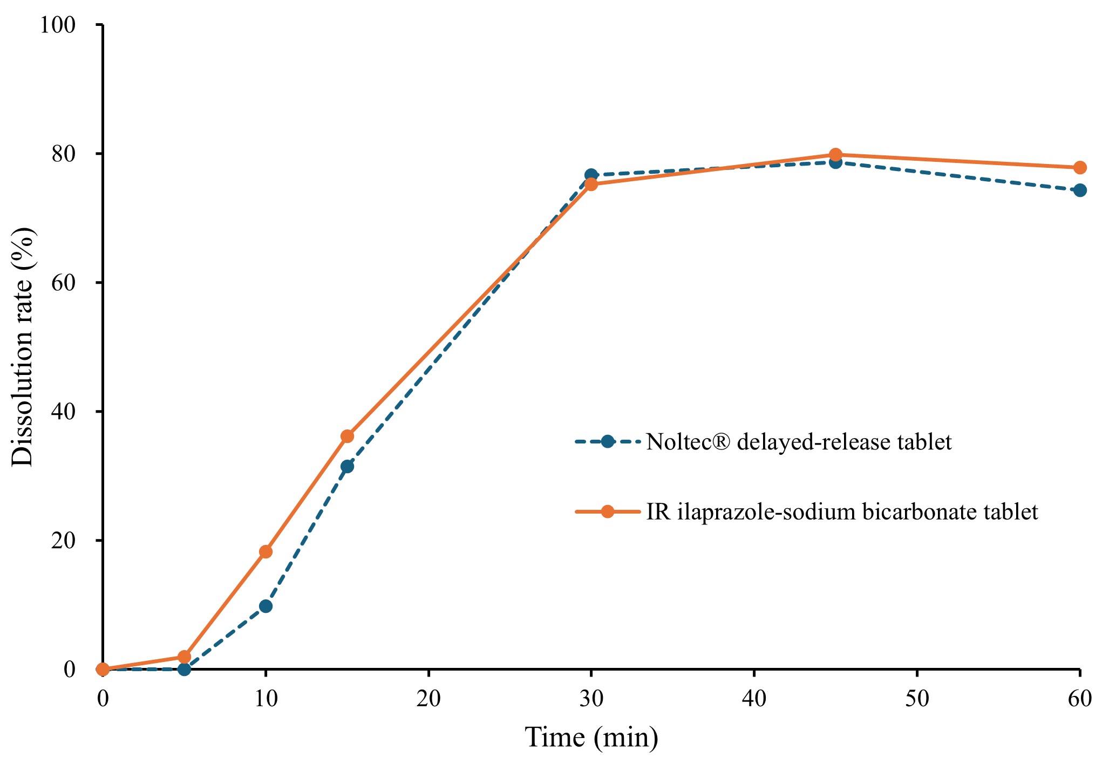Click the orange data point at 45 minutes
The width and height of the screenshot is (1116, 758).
[x=835, y=155]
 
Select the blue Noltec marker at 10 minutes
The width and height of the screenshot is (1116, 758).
[x=266, y=606]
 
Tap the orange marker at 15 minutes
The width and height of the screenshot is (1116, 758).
[x=347, y=436]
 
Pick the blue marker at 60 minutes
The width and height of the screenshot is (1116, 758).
[x=1080, y=190]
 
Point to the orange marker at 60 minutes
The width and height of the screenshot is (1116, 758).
[x=1080, y=168]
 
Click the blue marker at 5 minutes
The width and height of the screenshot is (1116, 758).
[x=184, y=669]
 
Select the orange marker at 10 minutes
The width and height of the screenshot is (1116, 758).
[x=266, y=551]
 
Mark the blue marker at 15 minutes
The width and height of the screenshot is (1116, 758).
[x=347, y=466]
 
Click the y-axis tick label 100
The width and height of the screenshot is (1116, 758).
[x=58, y=25]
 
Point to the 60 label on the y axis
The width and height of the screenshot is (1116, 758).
[x=64, y=283]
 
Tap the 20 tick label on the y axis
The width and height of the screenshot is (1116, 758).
[x=64, y=541]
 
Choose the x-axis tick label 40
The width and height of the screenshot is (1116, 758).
[x=754, y=699]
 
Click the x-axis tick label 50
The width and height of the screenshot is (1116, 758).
[x=917, y=699]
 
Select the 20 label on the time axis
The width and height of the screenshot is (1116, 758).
[x=428, y=699]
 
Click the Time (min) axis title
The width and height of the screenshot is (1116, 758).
[x=591, y=737]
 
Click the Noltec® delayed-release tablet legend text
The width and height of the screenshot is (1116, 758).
[x=799, y=442]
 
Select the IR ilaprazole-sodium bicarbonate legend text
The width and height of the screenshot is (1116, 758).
[x=842, y=511]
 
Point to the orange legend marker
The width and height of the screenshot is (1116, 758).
[x=608, y=511]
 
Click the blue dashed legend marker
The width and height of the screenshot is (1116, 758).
[x=608, y=442]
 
